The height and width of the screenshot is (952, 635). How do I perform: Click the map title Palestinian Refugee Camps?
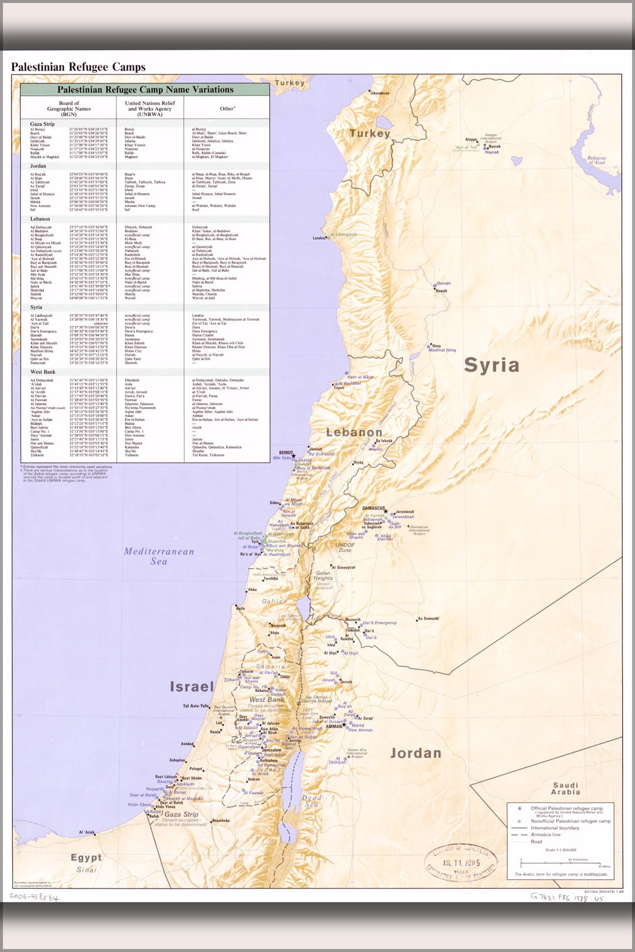pyautogui.click(x=78, y=67)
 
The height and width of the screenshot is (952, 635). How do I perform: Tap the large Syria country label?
pyautogui.click(x=492, y=365)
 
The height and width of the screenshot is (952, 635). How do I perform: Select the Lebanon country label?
pyautogui.click(x=354, y=432)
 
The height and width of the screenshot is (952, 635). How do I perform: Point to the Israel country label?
pyautogui.click(x=191, y=687)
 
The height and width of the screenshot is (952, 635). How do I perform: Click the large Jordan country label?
pyautogui.click(x=415, y=753)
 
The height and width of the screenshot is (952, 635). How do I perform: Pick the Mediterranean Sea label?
pyautogui.click(x=158, y=556)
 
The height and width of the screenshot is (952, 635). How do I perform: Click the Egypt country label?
pyautogui.click(x=86, y=857)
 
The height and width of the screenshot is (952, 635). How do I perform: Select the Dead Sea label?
pyautogui.click(x=312, y=801)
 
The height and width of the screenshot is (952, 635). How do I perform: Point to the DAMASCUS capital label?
pyautogui.click(x=374, y=508)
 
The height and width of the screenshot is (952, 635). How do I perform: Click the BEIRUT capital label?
pyautogui.click(x=286, y=453)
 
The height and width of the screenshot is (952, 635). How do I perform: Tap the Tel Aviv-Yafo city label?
pyautogui.click(x=195, y=706)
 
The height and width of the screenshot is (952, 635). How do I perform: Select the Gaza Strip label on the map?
pyautogui.click(x=180, y=814)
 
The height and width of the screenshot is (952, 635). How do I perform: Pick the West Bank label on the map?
pyautogui.click(x=266, y=700)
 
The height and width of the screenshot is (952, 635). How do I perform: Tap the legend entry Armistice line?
pyautogui.click(x=545, y=835)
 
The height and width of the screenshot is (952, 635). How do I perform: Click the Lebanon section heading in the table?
pyautogui.click(x=40, y=219)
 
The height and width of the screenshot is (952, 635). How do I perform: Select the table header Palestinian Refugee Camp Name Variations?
pyautogui.click(x=145, y=90)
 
